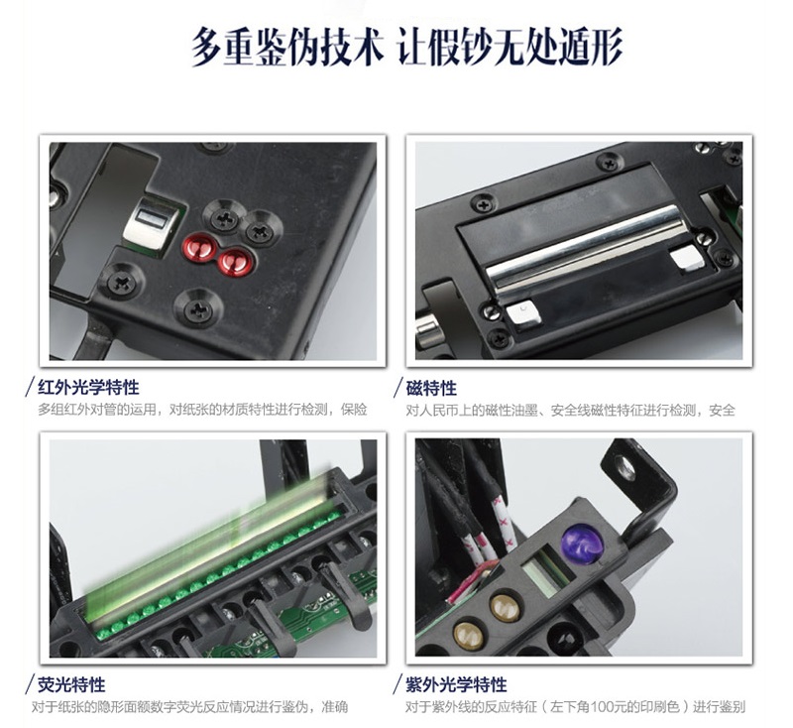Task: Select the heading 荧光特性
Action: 75,684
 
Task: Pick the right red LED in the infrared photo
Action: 235,261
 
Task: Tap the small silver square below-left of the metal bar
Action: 522,314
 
